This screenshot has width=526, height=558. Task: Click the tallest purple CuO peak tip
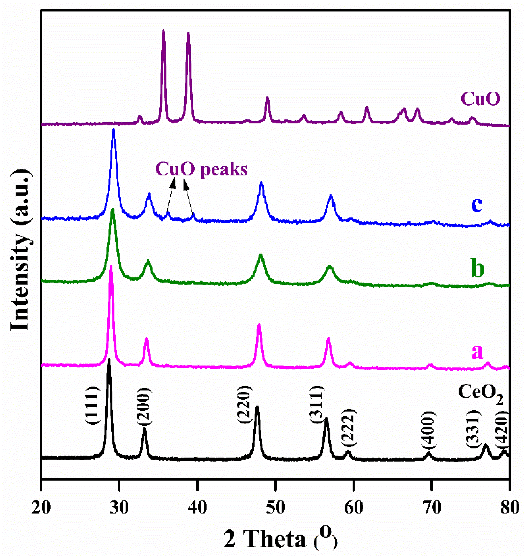(x=163, y=31)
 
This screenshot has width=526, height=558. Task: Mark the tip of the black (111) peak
(x=109, y=360)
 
